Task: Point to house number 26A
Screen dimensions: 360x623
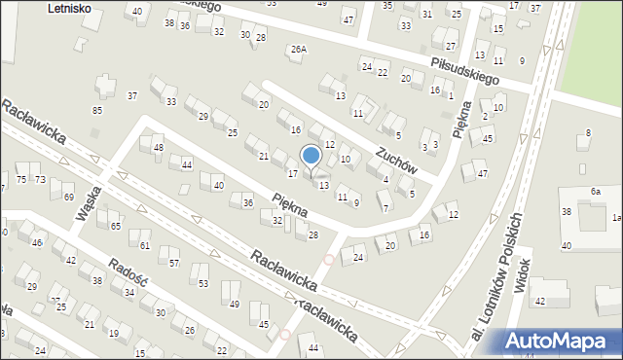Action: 298,49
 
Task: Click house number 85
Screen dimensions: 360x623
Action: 97,110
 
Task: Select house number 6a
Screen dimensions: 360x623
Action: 595,193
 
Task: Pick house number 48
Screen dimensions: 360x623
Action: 159,148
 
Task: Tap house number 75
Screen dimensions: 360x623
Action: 21,180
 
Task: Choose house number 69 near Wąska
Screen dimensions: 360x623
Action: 68,198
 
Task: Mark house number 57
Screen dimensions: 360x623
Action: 174,264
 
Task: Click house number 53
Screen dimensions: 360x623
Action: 203,283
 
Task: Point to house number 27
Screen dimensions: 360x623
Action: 450,46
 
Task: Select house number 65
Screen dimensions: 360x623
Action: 115,226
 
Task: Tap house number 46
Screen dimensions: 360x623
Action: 37,241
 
